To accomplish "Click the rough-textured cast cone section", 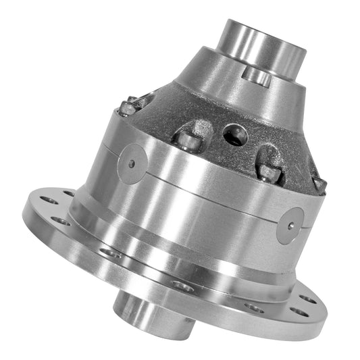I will [x=223, y=115].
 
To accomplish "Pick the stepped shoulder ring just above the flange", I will [x=169, y=260].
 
